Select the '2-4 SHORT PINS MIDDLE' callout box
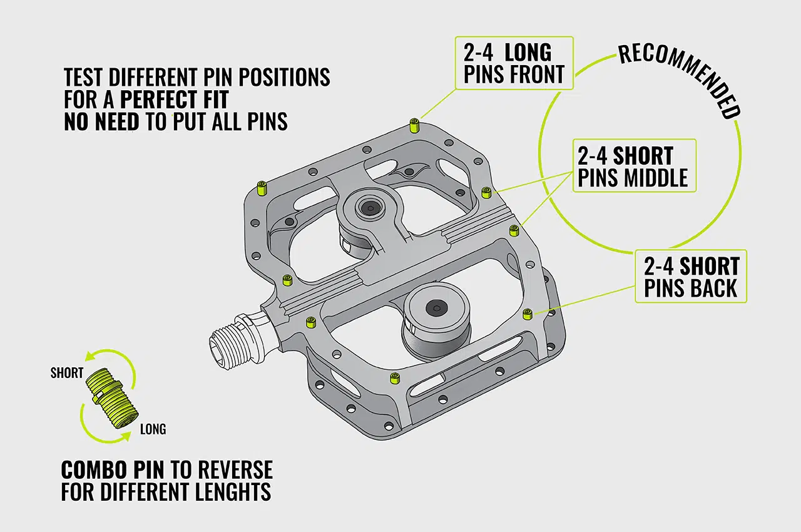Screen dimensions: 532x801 coord(633,166)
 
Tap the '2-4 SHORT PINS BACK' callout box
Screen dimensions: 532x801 coord(691,277)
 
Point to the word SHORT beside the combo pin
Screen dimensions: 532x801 coord(67,373)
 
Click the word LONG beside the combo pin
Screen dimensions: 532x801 coord(153,429)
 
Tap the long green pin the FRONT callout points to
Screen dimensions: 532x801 coord(414,125)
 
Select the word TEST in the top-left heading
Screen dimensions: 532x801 coord(84,77)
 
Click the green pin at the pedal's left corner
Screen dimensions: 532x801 coord(262,187)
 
